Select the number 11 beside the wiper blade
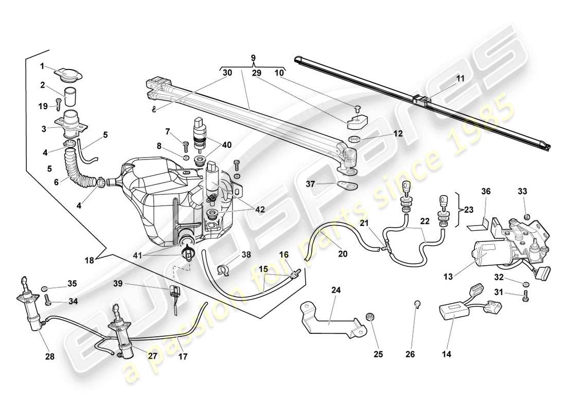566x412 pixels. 461,79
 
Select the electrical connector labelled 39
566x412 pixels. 175,295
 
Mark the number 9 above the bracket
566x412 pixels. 253,58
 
